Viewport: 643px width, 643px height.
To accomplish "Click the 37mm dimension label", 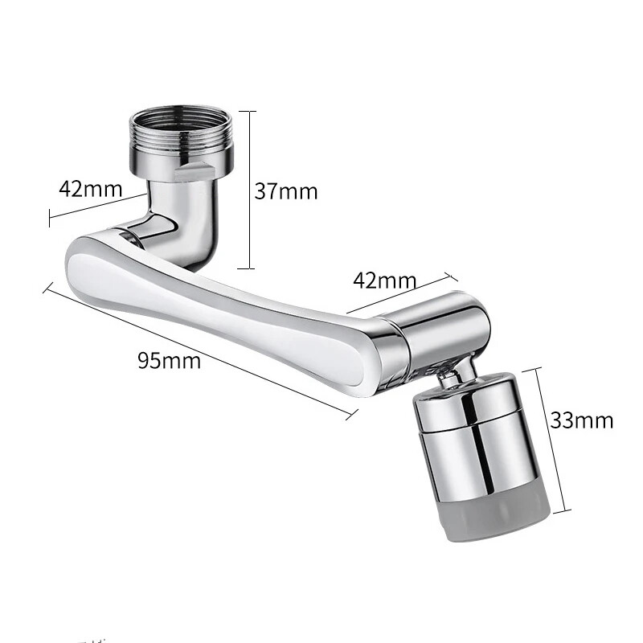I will coord(286,191).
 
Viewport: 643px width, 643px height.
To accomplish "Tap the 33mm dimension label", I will coord(582,419).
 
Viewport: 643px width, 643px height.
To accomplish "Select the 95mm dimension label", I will coord(169,359).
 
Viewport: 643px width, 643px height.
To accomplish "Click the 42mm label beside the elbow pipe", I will coord(90,190).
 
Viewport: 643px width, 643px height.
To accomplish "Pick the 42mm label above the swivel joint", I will coord(385,281).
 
